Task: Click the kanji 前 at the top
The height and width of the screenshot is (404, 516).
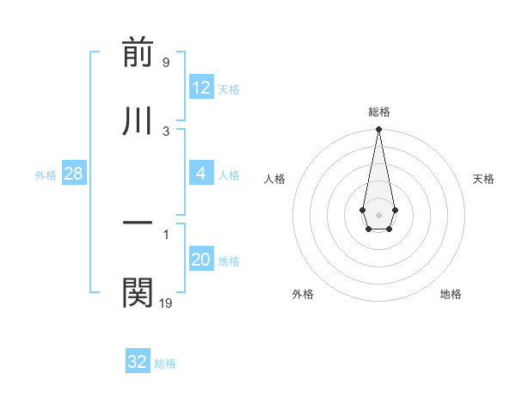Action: tap(138, 53)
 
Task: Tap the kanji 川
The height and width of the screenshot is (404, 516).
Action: tap(138, 121)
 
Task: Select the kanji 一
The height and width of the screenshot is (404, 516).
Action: tap(138, 223)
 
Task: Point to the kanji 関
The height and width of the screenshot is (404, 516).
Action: tap(138, 292)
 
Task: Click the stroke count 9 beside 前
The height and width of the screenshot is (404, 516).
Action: tap(166, 63)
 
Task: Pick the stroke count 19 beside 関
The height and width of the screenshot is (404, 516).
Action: tap(166, 303)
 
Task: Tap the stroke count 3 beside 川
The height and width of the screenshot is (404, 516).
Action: tap(166, 131)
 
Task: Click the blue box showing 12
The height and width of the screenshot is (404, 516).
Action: tap(201, 88)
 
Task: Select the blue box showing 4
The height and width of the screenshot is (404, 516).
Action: tap(201, 174)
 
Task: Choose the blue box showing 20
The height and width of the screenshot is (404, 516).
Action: tap(201, 260)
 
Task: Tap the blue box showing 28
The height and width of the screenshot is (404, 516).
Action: tap(73, 174)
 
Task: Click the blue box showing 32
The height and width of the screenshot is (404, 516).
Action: tap(138, 362)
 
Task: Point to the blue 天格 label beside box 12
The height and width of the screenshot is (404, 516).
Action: tap(229, 89)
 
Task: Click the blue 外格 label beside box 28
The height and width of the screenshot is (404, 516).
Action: tap(46, 175)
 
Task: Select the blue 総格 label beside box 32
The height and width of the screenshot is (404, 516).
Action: tap(165, 364)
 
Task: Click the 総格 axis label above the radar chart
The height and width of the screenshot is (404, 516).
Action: tap(378, 112)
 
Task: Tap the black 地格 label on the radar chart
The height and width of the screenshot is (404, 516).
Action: tap(451, 295)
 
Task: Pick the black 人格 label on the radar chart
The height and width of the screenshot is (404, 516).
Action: tap(274, 179)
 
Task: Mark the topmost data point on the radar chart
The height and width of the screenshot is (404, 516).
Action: tap(378, 130)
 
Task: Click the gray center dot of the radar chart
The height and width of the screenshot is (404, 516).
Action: tap(378, 213)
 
